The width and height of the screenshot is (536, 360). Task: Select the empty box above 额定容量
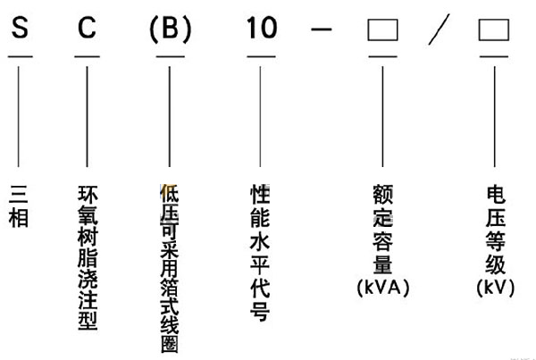click(x=382, y=32)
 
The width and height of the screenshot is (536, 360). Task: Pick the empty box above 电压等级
click(x=494, y=32)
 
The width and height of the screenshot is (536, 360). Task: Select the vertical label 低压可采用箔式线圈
click(x=169, y=263)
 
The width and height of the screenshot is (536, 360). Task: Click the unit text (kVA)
click(x=381, y=288)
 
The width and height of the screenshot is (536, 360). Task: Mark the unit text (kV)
click(x=495, y=288)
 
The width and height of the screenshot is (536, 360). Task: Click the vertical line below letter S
click(x=19, y=116)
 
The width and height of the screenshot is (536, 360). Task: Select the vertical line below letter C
click(x=87, y=116)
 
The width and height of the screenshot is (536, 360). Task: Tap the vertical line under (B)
click(x=169, y=116)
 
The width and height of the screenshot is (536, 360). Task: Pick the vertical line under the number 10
click(x=261, y=116)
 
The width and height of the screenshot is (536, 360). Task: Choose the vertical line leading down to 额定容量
click(x=382, y=116)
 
